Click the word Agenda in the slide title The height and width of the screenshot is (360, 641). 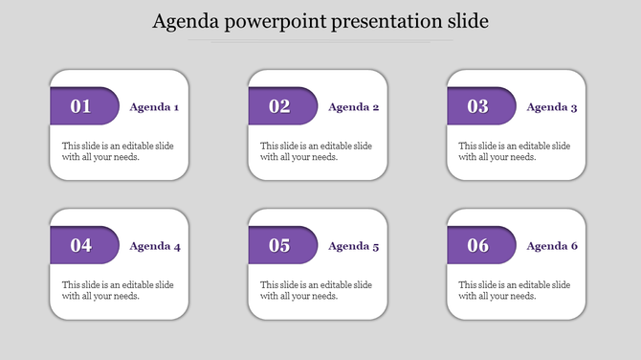[x=185, y=21]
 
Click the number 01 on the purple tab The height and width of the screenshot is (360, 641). [x=81, y=106]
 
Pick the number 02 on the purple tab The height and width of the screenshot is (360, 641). [x=279, y=106]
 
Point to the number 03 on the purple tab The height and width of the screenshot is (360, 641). [x=478, y=106]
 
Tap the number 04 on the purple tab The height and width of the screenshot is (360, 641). [x=81, y=246]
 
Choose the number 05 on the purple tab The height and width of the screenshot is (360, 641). [x=279, y=246]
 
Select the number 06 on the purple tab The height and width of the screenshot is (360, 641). [x=478, y=246]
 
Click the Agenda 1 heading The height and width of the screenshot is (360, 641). [x=154, y=107]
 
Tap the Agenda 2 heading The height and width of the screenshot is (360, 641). [x=353, y=107]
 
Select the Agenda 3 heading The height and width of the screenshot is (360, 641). [x=552, y=107]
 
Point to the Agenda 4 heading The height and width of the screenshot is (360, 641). [x=154, y=246]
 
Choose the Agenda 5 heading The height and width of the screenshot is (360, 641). [x=353, y=246]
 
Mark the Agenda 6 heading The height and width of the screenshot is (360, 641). [x=552, y=246]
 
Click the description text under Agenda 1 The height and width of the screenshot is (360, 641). [x=118, y=151]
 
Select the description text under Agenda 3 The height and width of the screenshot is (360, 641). [x=515, y=151]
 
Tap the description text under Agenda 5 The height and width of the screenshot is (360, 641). [x=316, y=290]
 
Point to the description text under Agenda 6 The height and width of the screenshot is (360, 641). [x=515, y=290]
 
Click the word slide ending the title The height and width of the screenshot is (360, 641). [x=466, y=21]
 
